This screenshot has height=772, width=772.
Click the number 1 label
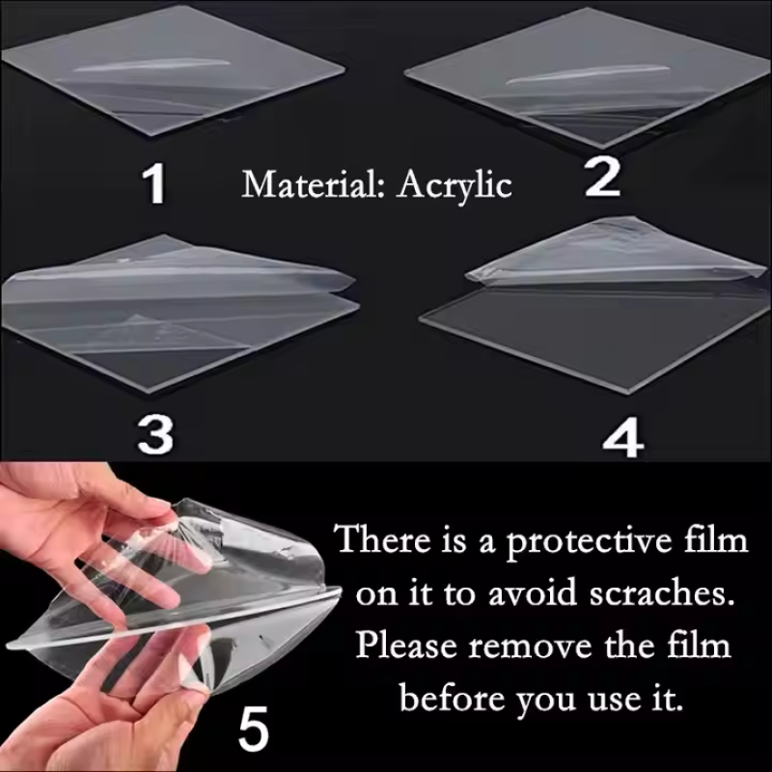point(153,183)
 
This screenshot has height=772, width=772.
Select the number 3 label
point(155,436)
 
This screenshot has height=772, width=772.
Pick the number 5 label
point(253,731)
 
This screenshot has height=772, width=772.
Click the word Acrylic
point(454,184)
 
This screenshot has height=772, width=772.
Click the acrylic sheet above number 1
point(174,72)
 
